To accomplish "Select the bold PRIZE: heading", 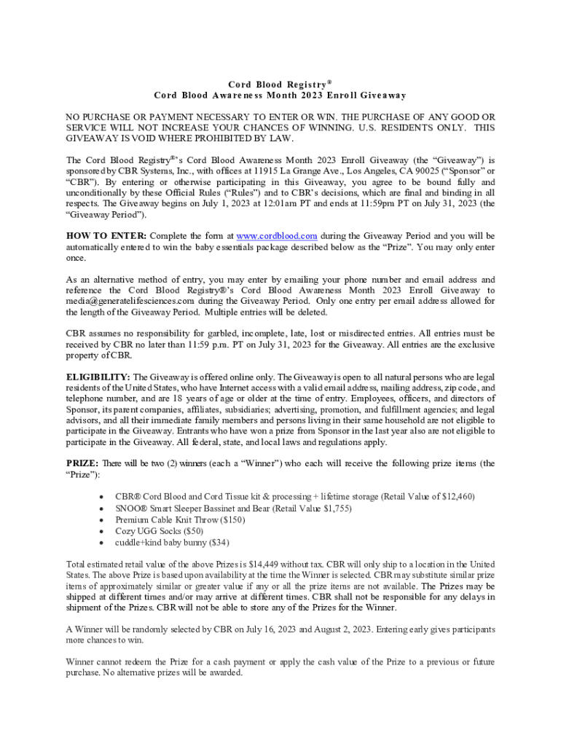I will pos(82,463).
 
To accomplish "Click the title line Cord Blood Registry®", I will pos(280,84).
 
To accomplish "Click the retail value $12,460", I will pos(457,496).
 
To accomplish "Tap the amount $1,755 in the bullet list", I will pos(337,508).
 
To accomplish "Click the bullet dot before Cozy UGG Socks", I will pos(100,531).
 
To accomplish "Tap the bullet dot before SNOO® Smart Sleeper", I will pos(100,508).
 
